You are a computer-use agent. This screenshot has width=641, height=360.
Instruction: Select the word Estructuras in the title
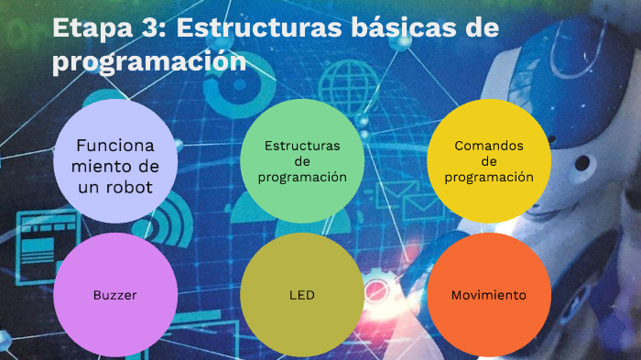259,28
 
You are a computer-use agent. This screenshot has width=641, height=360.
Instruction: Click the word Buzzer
114,296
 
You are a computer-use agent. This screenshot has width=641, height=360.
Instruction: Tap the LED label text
301,296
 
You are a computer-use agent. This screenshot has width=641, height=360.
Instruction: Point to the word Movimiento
488,296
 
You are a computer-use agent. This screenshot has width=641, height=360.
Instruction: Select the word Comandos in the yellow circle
488,146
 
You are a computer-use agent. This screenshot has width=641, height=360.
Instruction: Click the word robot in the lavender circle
125,187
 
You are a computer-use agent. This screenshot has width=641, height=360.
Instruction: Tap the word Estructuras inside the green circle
301,146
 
